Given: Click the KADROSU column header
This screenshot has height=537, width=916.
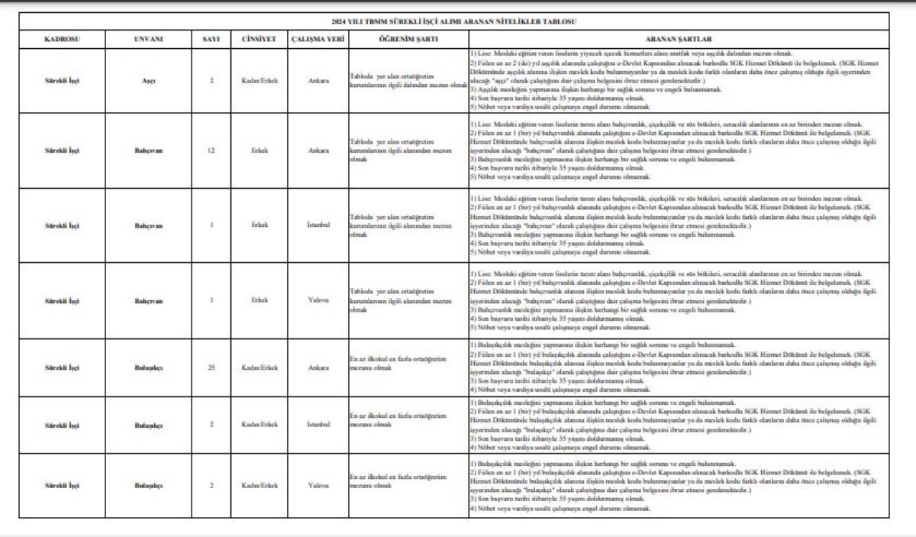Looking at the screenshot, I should [63, 38].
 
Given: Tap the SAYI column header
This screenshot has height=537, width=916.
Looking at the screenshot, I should [211, 38].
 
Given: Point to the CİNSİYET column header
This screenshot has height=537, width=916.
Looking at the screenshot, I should [258, 38].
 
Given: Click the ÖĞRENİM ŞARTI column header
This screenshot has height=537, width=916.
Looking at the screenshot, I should [408, 38].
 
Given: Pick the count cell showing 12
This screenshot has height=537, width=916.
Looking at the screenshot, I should [211, 150].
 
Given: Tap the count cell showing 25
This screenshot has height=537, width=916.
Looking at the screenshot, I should [211, 367].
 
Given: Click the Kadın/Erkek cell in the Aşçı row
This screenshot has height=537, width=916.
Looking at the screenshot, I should [259, 80].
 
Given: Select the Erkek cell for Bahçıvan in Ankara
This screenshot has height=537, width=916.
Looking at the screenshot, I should [259, 150].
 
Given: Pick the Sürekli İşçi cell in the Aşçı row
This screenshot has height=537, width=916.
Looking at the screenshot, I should [63, 80].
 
